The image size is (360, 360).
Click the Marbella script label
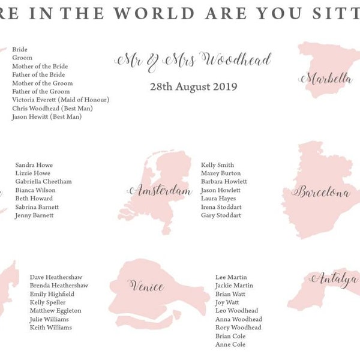coord(326,79)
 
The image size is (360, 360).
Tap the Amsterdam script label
coord(159,191)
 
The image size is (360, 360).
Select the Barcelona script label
coord(320,192)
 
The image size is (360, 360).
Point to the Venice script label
coord(146,285)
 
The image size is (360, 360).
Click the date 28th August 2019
coord(193,86)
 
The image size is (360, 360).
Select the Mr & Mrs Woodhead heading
coord(193,60)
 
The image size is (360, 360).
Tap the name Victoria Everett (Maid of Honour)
coord(61,100)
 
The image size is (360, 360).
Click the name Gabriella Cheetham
coord(43,181)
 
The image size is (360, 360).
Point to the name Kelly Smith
coord(218,165)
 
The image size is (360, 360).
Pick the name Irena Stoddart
coord(221,207)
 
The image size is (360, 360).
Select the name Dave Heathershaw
coord(58,277)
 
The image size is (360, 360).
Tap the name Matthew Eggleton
coord(55,311)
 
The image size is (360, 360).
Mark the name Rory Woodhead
coord(238,328)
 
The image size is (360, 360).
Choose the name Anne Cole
coord(230,344)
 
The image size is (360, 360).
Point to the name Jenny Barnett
coord(34,215)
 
